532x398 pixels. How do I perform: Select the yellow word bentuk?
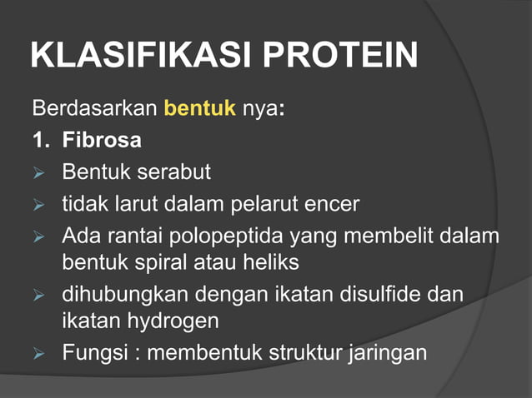coord(200,108)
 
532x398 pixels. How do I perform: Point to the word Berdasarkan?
coord(94,108)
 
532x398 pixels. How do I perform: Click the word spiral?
coord(173,263)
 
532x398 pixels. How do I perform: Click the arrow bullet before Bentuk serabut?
coord(38,173)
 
